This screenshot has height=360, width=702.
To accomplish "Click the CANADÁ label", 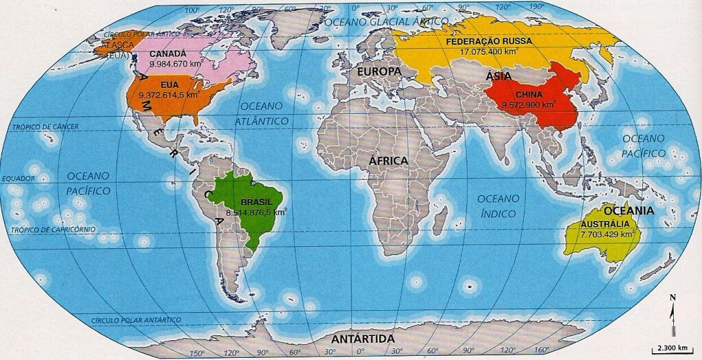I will (x=167, y=53).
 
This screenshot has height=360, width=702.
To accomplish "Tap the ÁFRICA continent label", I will (x=389, y=160).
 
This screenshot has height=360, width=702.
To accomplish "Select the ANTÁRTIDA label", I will (x=363, y=339).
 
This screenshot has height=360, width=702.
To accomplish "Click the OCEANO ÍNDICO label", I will (x=498, y=206).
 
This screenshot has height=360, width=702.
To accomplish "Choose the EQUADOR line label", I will (x=18, y=178).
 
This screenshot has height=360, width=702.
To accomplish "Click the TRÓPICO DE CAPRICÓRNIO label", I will (x=53, y=230).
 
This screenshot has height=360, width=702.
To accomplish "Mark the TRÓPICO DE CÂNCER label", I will (x=45, y=127).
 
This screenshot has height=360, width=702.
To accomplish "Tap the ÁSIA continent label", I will (x=498, y=76).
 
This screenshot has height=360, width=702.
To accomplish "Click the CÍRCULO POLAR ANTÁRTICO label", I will (x=136, y=320).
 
